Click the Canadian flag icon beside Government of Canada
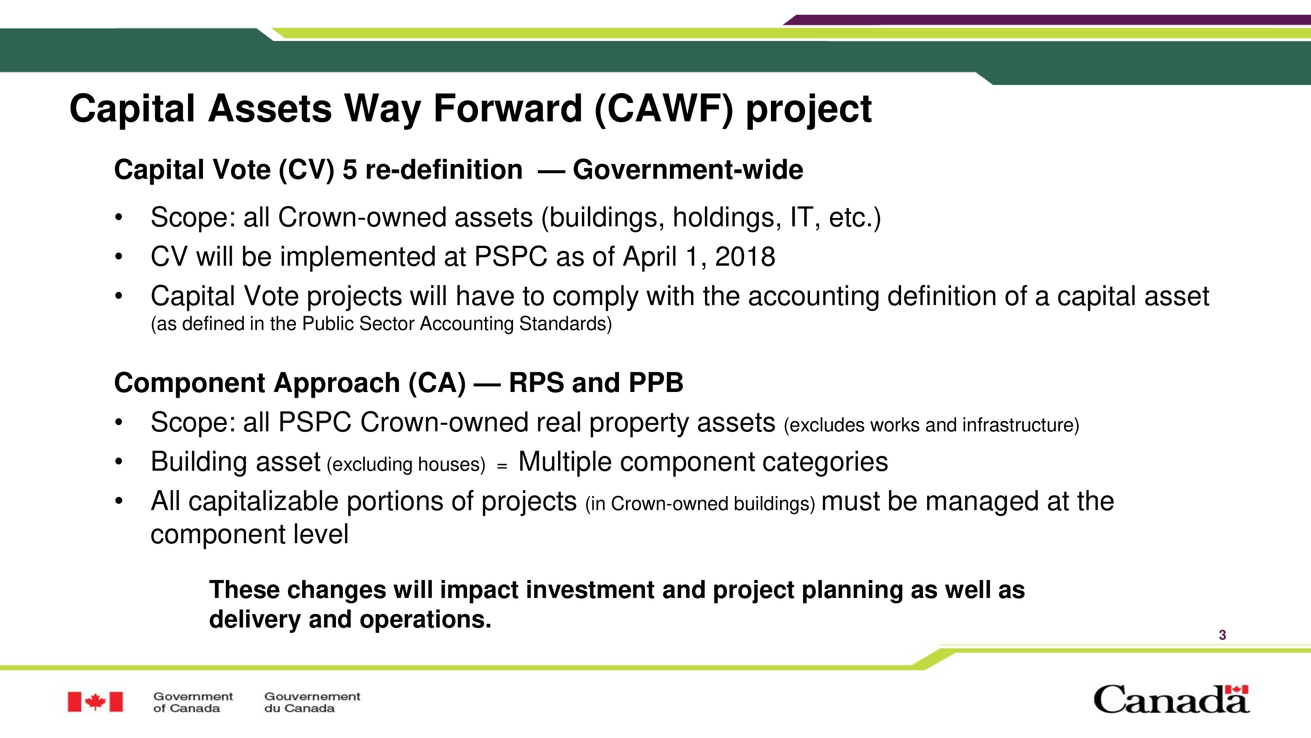[95, 702]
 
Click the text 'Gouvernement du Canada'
[312, 702]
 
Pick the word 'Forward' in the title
[507, 109]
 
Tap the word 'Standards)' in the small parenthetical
[565, 324]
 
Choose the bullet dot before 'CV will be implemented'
[119, 257]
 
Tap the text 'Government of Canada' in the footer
[193, 702]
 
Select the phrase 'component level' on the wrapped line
[249, 535]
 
